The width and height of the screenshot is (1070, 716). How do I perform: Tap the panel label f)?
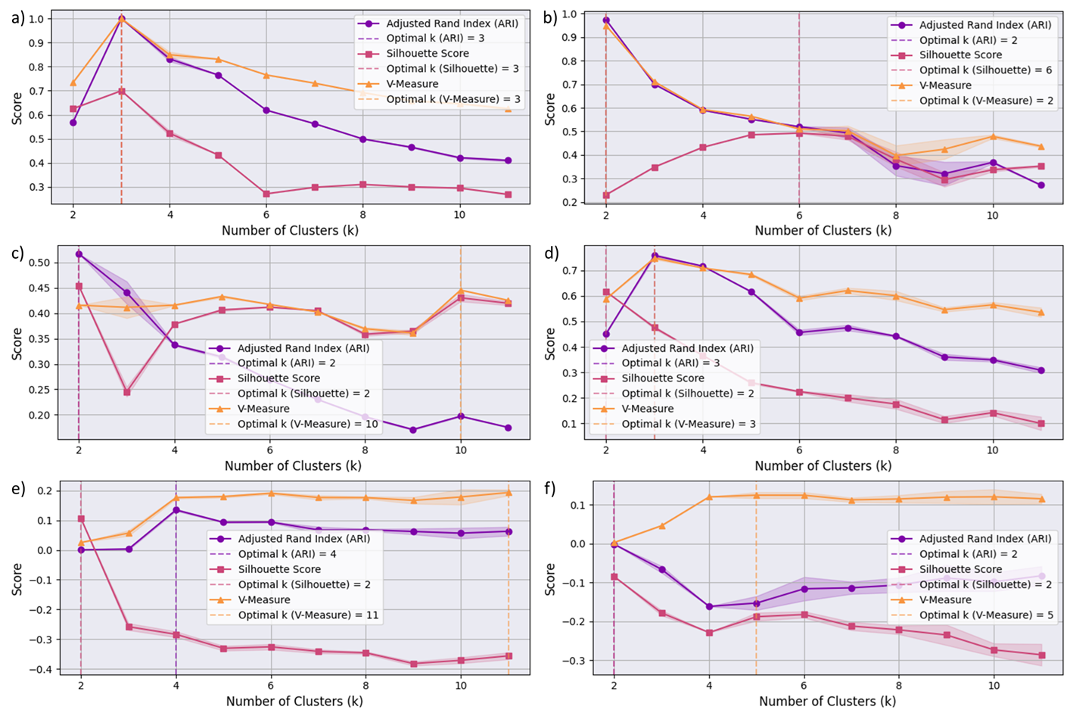pyautogui.click(x=550, y=489)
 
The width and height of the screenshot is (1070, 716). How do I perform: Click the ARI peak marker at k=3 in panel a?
pyautogui.click(x=121, y=18)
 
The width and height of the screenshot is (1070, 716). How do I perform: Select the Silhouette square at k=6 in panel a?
pyautogui.click(x=266, y=194)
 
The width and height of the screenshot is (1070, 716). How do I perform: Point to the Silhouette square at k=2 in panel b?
pyautogui.click(x=605, y=195)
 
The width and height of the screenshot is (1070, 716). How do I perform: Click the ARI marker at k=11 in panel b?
pyautogui.click(x=1041, y=185)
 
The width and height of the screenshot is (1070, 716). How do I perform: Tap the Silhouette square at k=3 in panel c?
pyautogui.click(x=127, y=392)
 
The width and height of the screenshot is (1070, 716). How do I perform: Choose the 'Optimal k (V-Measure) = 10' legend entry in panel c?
pyautogui.click(x=307, y=424)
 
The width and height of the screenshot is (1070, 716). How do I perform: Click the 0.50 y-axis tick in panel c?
pyautogui.click(x=39, y=263)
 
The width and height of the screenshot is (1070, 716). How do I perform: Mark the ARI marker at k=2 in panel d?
pyautogui.click(x=605, y=334)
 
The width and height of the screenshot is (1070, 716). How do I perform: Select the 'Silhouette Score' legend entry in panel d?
pyautogui.click(x=663, y=378)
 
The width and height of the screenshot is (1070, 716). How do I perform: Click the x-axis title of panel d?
pyautogui.click(x=823, y=465)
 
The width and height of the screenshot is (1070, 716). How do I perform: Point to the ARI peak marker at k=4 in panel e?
pyautogui.click(x=176, y=509)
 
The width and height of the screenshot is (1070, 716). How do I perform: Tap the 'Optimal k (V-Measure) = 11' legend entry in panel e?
pyautogui.click(x=308, y=615)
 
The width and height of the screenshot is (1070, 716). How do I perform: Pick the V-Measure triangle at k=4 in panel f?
pyautogui.click(x=709, y=497)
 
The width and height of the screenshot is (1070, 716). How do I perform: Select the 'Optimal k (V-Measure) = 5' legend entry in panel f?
pyautogui.click(x=986, y=615)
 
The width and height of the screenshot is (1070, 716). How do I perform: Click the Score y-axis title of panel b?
pyautogui.click(x=550, y=109)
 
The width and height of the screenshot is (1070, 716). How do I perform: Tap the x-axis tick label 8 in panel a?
pyautogui.click(x=363, y=214)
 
